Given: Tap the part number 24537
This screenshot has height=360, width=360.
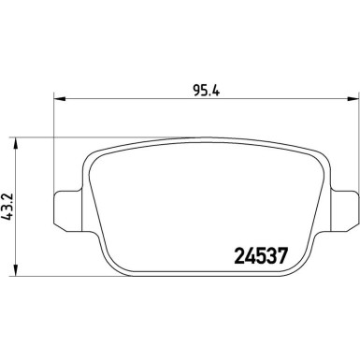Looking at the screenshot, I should (x=258, y=253).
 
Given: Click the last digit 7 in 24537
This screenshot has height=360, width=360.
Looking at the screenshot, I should (x=280, y=253).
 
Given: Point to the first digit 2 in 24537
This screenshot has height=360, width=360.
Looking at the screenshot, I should (x=237, y=253).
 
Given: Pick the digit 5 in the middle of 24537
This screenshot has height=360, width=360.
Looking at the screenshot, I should (x=258, y=253).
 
